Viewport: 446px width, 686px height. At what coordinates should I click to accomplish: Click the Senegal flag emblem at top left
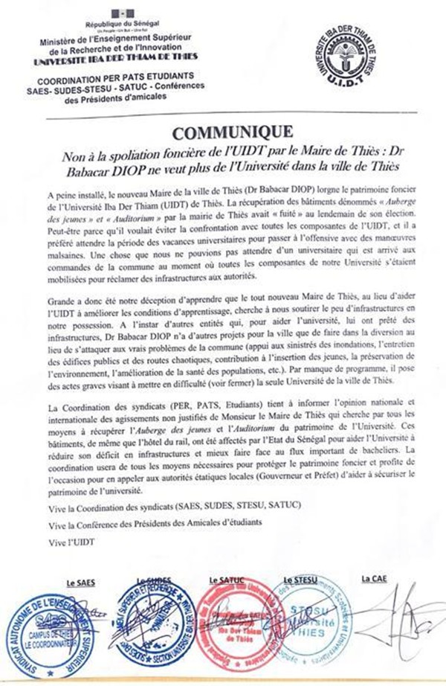point(117,14)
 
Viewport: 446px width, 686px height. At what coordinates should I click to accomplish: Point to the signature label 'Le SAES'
point(82,579)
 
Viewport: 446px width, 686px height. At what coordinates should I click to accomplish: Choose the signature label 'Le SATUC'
point(225,579)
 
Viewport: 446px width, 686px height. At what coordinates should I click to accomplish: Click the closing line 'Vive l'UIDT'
point(68,541)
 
